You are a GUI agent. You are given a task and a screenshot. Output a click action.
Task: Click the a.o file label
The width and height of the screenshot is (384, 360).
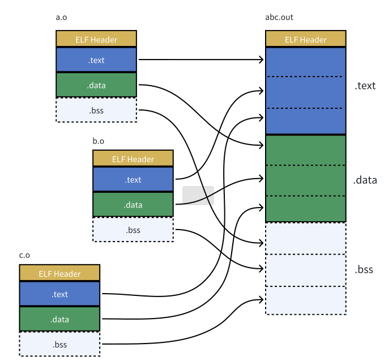pyautogui.click(x=61, y=18)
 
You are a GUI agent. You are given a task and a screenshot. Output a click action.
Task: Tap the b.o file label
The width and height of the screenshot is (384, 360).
pyautogui.click(x=98, y=141)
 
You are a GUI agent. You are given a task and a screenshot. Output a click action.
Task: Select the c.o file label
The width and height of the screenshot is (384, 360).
pyautogui.click(x=24, y=255)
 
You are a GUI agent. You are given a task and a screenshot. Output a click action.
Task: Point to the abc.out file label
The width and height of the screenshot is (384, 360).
pyautogui.click(x=279, y=17)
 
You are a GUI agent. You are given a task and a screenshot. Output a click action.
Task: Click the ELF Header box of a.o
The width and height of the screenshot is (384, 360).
pyautogui.click(x=96, y=39)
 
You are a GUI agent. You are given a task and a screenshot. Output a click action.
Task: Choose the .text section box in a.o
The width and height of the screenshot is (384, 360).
pyautogui.click(x=96, y=60)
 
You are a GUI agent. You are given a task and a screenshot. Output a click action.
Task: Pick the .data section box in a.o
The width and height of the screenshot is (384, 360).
pyautogui.click(x=96, y=85)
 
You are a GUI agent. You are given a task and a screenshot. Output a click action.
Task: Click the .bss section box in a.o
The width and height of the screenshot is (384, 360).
pyautogui.click(x=96, y=110)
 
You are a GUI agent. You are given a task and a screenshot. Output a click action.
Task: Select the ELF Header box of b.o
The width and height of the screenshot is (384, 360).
pyautogui.click(x=133, y=158)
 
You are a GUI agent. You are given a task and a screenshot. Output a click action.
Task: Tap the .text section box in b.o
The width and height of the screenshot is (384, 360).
pyautogui.click(x=133, y=179)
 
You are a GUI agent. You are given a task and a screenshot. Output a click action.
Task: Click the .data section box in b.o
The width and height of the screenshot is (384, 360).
pyautogui.click(x=133, y=205)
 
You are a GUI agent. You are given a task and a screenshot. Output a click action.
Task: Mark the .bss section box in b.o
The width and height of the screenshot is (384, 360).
pyautogui.click(x=133, y=230)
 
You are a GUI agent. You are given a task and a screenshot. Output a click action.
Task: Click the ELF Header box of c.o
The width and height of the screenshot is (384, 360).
pyautogui.click(x=59, y=273)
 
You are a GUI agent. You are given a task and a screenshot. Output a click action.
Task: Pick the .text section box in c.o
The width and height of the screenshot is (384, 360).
pyautogui.click(x=59, y=294)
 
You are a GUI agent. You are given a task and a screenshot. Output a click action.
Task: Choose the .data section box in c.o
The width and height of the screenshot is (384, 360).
pyautogui.click(x=59, y=319)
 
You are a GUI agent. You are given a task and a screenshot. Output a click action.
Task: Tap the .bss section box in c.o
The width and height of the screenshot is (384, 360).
pyautogui.click(x=59, y=344)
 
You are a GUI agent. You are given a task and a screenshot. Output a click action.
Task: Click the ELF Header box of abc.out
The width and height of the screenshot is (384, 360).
pyautogui.click(x=306, y=39)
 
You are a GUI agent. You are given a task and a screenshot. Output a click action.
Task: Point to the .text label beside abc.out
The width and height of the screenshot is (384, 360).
pyautogui.click(x=365, y=86)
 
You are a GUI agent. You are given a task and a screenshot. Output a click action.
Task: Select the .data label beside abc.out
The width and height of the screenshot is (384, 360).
pyautogui.click(x=365, y=180)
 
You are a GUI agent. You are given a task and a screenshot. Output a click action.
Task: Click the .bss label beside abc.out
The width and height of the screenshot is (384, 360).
pyautogui.click(x=364, y=269)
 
